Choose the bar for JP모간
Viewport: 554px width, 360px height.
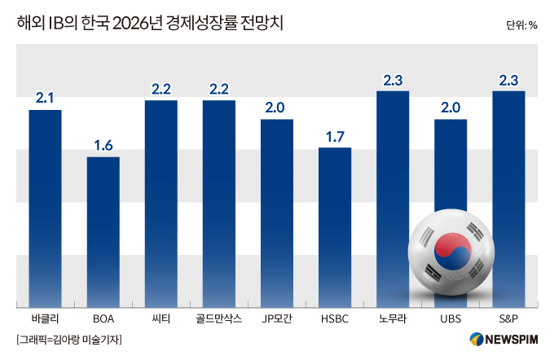(x=277, y=212)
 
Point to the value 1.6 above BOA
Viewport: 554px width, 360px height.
(x=103, y=146)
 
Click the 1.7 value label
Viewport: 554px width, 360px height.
(x=335, y=137)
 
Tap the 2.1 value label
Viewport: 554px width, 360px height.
(x=46, y=99)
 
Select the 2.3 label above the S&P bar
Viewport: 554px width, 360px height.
(x=508, y=80)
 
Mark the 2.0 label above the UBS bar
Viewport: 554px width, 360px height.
(x=451, y=108)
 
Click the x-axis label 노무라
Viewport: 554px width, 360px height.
(x=393, y=318)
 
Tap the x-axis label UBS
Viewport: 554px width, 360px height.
(x=451, y=318)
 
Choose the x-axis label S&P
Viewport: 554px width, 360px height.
(x=508, y=318)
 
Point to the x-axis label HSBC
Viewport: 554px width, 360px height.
(x=335, y=318)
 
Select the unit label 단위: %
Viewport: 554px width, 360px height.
(x=521, y=24)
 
